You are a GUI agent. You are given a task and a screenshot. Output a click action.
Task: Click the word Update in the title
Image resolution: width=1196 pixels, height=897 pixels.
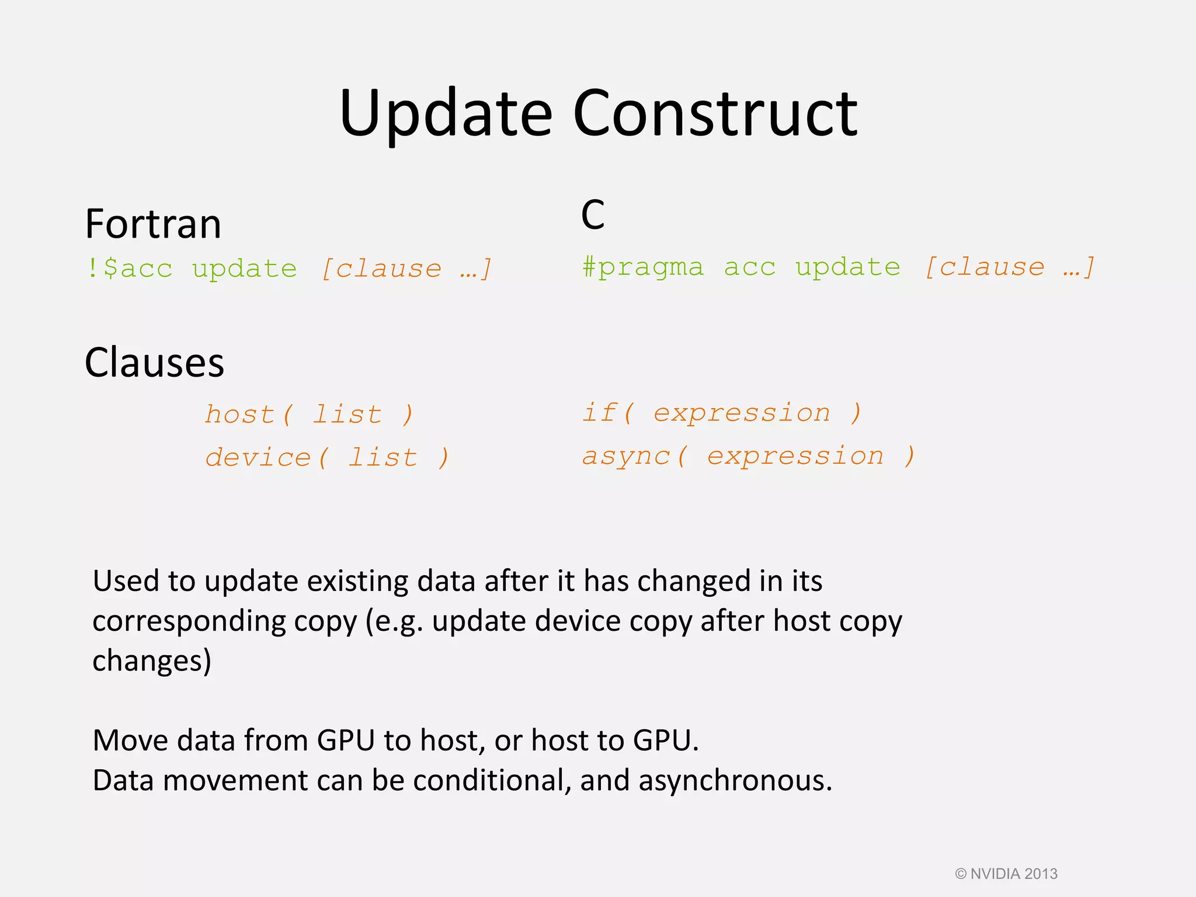click(446, 114)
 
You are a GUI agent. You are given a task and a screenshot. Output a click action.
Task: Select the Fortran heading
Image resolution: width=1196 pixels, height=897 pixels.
click(153, 224)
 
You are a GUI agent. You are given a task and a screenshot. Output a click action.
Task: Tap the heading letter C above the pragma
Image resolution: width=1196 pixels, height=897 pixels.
click(592, 215)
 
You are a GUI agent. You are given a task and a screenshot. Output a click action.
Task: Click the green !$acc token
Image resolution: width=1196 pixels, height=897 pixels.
click(129, 269)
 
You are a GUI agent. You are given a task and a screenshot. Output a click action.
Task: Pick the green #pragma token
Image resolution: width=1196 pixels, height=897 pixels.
click(643, 267)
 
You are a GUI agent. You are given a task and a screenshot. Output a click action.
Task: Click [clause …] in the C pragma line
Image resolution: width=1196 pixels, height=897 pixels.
click(1010, 267)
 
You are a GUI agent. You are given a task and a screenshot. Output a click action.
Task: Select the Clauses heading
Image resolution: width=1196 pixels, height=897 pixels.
click(154, 363)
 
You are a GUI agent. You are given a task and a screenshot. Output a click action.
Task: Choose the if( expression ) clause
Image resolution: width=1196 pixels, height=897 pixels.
click(722, 413)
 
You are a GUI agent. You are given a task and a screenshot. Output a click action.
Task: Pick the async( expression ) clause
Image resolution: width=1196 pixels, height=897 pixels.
click(748, 456)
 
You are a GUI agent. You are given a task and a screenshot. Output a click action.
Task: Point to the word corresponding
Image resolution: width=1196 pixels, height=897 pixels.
click(189, 621)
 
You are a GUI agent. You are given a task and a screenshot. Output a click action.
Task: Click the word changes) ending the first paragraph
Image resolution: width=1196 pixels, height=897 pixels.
click(152, 660)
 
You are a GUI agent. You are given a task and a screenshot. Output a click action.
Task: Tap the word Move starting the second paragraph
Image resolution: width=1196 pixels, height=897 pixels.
click(130, 740)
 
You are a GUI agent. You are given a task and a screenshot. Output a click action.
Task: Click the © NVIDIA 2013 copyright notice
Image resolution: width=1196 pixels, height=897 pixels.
click(1006, 874)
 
